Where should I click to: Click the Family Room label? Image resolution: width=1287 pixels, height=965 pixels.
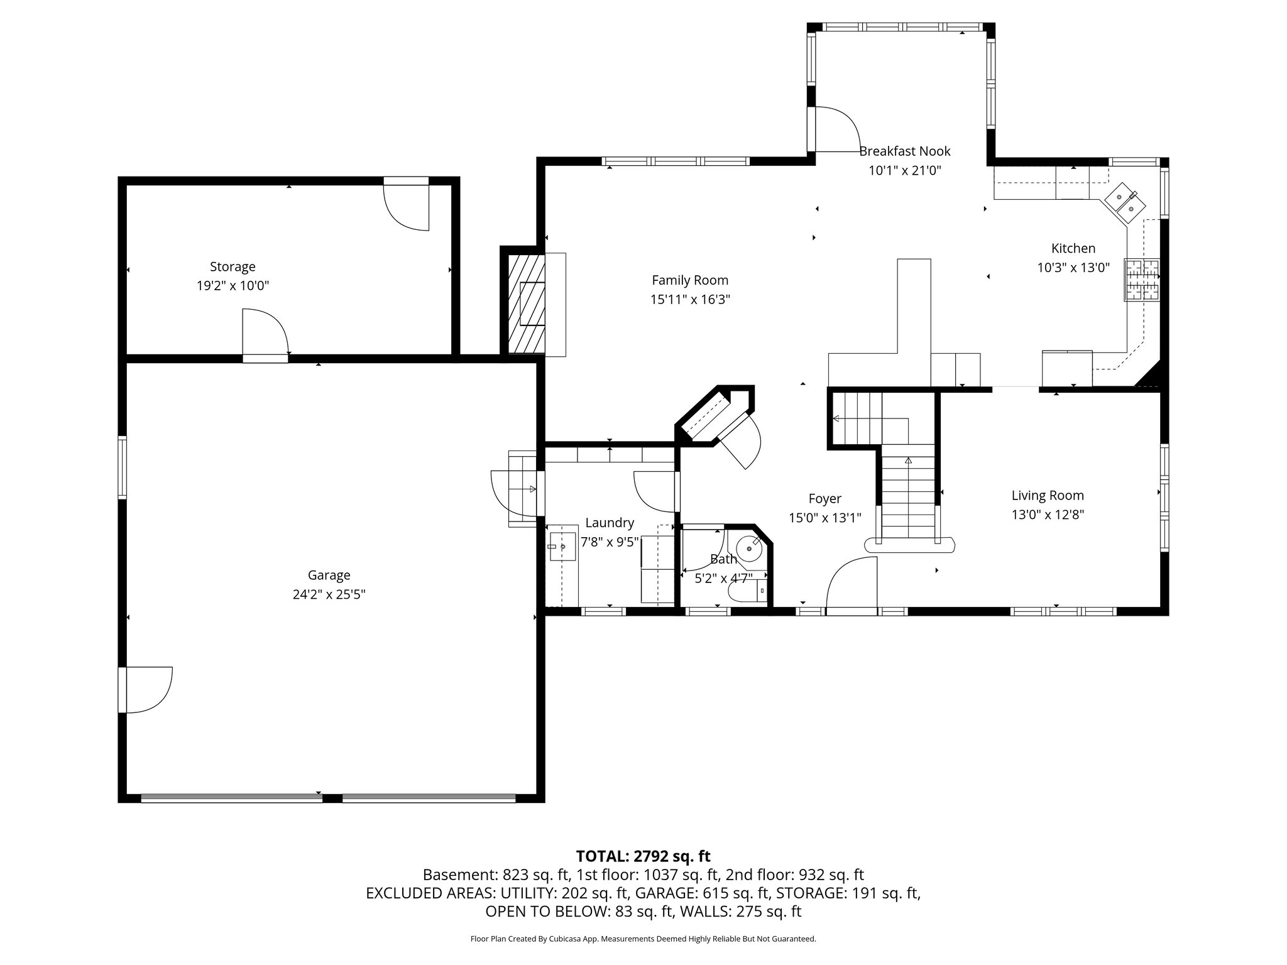click(689, 280)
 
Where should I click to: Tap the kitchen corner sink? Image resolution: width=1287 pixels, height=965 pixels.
click(1125, 202)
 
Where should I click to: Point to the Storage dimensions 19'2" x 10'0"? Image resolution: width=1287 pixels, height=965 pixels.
click(233, 286)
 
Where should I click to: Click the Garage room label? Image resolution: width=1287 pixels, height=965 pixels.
click(329, 575)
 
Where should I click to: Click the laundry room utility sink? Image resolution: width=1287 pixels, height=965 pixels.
click(562, 547)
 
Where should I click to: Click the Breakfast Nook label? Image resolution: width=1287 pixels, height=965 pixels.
click(904, 151)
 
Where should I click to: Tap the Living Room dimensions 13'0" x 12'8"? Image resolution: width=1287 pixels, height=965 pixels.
click(1048, 515)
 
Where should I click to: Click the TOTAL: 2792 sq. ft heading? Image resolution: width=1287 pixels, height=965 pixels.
click(643, 856)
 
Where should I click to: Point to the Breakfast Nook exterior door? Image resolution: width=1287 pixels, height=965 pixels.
click(835, 130)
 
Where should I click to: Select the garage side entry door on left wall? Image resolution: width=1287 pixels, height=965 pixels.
click(147, 690)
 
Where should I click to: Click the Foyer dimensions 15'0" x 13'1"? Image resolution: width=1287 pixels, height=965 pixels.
click(824, 518)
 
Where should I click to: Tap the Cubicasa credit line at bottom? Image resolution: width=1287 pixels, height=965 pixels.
click(643, 939)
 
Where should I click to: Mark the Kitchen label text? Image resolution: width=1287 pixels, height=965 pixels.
click(1073, 248)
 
